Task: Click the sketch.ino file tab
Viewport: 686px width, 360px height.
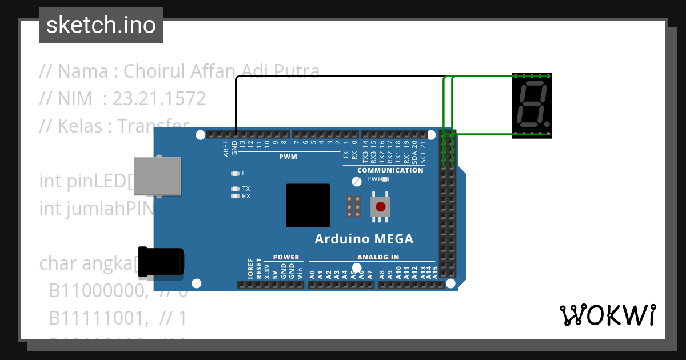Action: click(x=101, y=25)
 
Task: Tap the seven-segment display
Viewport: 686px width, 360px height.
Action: click(x=532, y=106)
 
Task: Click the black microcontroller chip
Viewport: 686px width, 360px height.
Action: click(x=308, y=205)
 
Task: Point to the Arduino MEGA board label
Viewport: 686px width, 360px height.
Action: click(x=364, y=239)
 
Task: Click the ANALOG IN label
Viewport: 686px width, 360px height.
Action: click(x=378, y=257)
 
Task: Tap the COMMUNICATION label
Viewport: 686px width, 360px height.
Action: click(x=390, y=170)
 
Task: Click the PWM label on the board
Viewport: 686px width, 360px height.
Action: click(x=288, y=157)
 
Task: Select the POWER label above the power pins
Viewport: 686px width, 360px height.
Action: click(x=286, y=257)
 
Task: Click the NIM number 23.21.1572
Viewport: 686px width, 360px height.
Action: click(x=159, y=99)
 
